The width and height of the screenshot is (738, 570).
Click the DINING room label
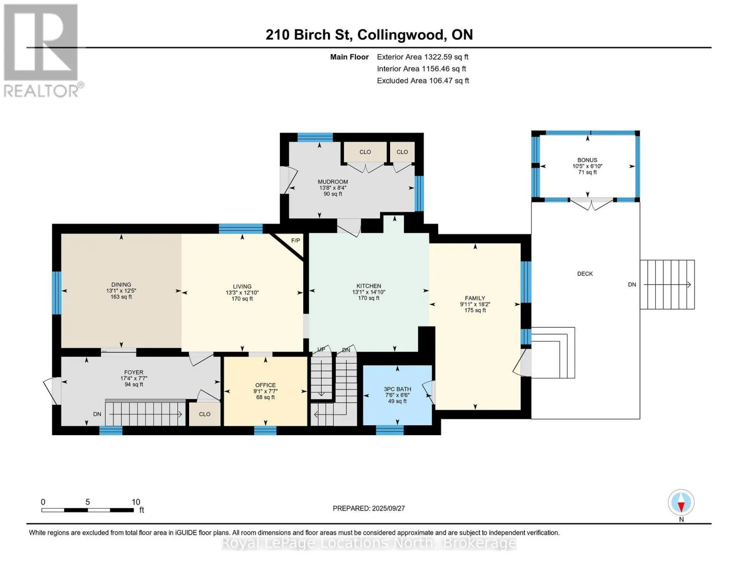pyautogui.click(x=121, y=285)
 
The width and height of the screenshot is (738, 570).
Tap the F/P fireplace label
pyautogui.click(x=296, y=240)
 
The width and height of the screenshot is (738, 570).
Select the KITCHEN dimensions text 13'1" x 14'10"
pyautogui.click(x=368, y=292)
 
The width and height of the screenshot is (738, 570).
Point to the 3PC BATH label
pyautogui.click(x=397, y=389)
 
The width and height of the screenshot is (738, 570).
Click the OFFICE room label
pyautogui.click(x=265, y=385)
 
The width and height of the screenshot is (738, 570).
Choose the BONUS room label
pyautogui.click(x=587, y=160)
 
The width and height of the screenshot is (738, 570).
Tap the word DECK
pyautogui.click(x=585, y=274)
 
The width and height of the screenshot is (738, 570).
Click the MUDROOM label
pyautogui.click(x=333, y=181)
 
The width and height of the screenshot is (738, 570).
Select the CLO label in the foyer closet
pyautogui.click(x=204, y=414)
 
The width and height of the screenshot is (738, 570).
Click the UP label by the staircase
pyautogui.click(x=321, y=349)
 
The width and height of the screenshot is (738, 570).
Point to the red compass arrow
pyautogui.click(x=681, y=507)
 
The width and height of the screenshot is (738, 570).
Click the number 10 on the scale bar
pyautogui.click(x=136, y=502)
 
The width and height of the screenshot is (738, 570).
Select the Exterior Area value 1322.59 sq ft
pyautogui.click(x=445, y=57)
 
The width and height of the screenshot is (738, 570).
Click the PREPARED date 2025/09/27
pyautogui.click(x=388, y=508)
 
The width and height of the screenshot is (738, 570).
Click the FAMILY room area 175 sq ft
pyautogui.click(x=475, y=310)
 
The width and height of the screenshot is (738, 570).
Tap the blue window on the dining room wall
pyautogui.click(x=57, y=293)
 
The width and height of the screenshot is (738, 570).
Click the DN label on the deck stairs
pyautogui.click(x=632, y=285)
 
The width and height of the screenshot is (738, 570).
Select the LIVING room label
pyautogui.click(x=242, y=286)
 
